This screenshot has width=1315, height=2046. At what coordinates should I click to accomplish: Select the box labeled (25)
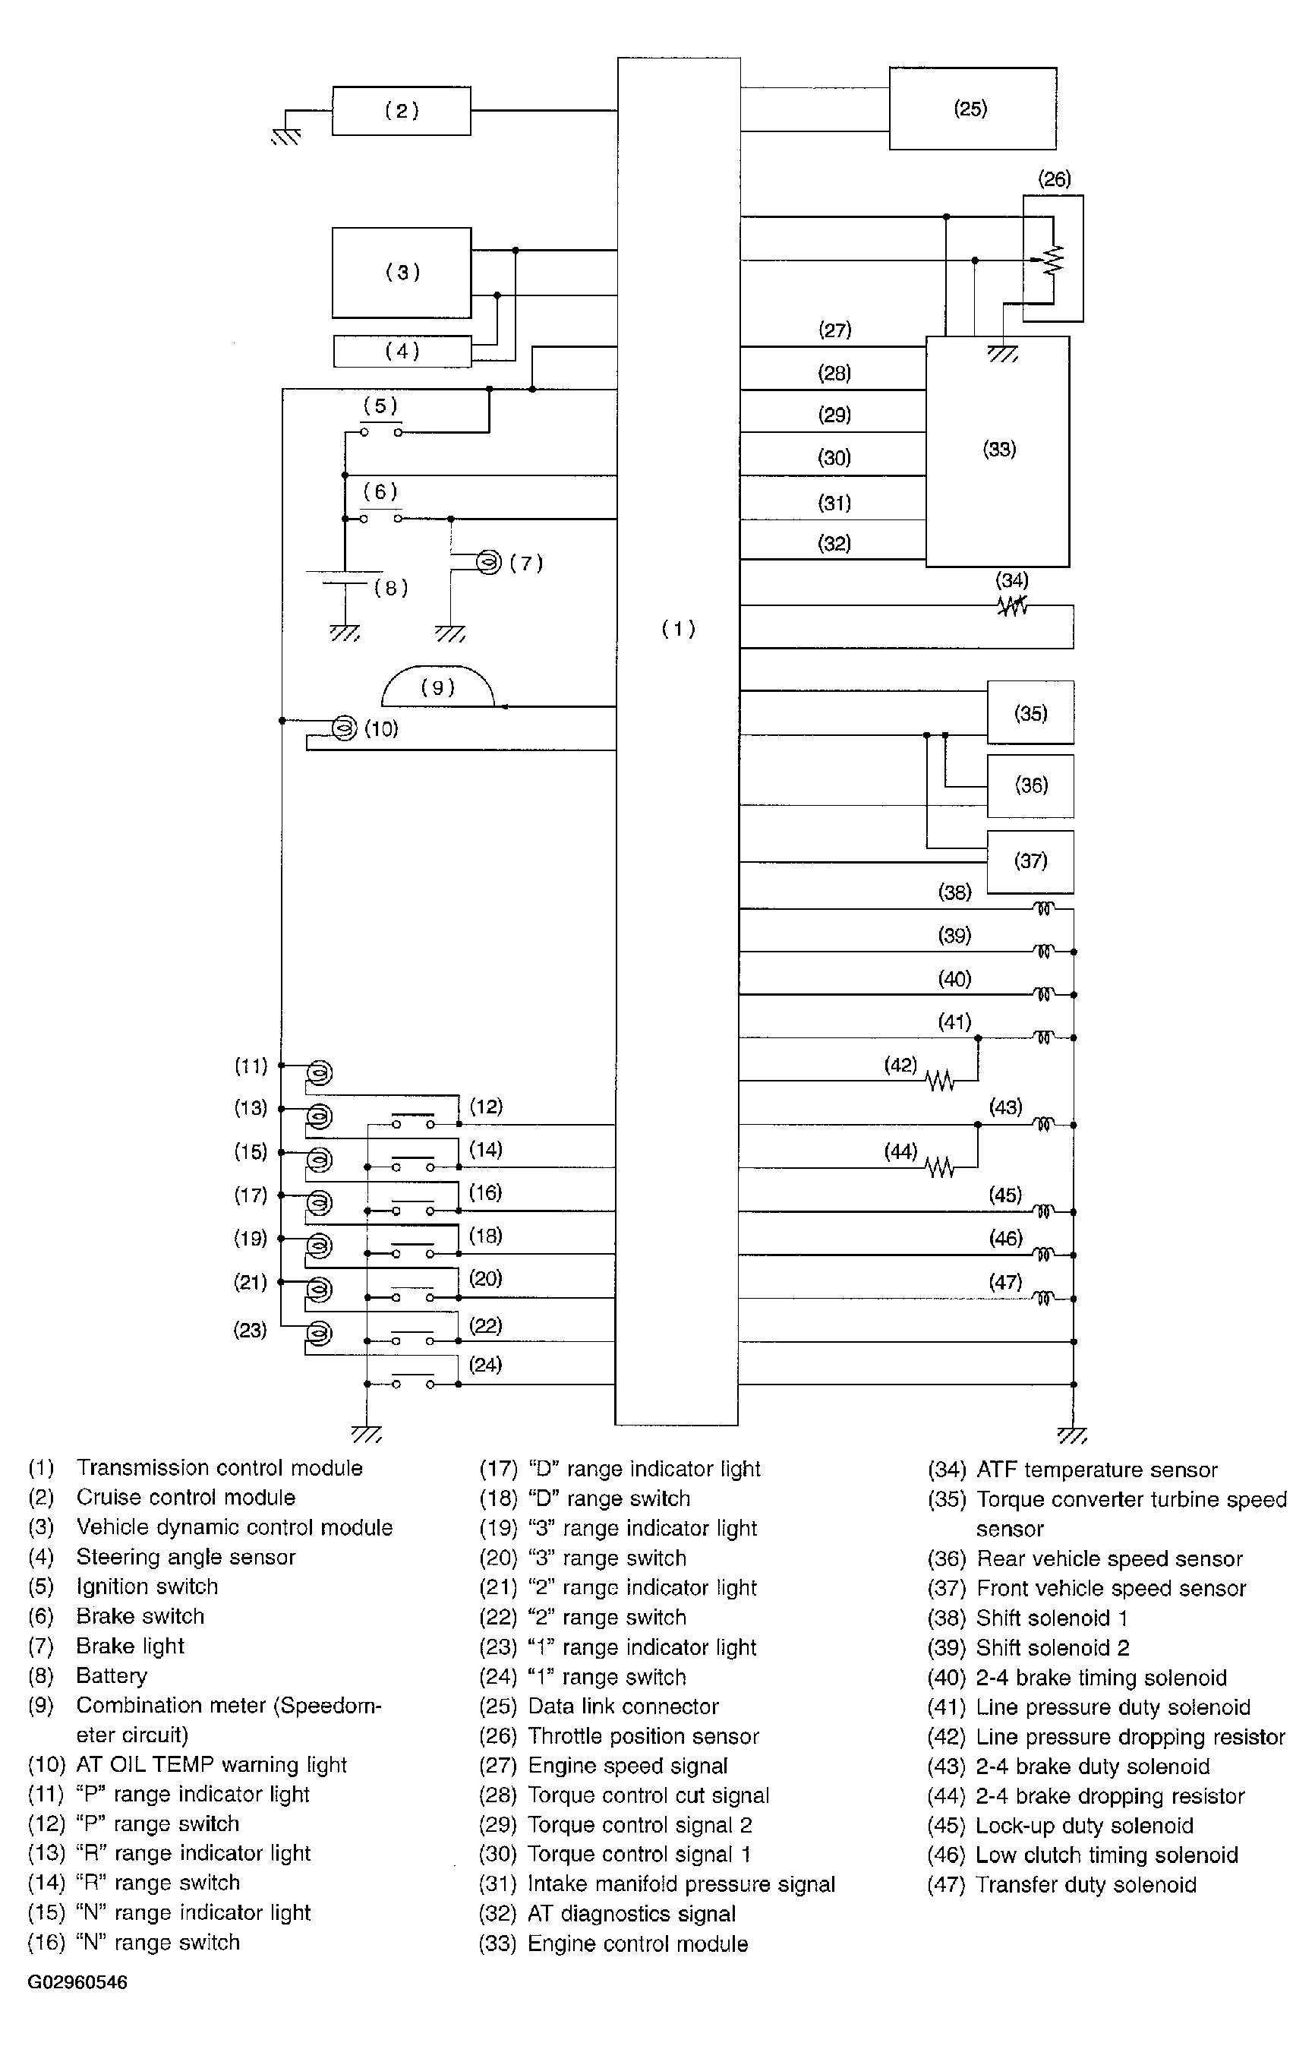(x=972, y=109)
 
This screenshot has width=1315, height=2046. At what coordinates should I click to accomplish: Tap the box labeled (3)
(x=402, y=273)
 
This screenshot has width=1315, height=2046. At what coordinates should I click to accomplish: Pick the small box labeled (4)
(x=402, y=351)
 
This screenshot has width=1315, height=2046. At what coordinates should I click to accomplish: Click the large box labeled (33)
(x=998, y=450)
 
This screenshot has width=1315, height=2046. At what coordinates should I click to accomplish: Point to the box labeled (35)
(x=1030, y=713)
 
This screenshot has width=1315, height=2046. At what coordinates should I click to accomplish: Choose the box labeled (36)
(x=1030, y=785)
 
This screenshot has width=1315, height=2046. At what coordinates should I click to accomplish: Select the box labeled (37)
(x=1030, y=860)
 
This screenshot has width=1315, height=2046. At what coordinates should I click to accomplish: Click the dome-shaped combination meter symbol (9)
(x=437, y=687)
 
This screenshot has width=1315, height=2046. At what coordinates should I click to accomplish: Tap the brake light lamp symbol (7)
(x=487, y=562)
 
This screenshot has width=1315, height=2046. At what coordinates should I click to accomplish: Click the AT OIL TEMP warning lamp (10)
(x=344, y=728)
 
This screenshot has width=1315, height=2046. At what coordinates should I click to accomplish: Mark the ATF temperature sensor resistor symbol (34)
(x=1012, y=606)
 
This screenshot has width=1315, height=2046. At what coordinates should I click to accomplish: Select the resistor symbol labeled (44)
(x=940, y=1167)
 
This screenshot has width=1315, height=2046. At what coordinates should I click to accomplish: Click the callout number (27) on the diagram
(x=834, y=330)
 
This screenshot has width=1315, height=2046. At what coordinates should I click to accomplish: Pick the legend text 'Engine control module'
(x=637, y=1943)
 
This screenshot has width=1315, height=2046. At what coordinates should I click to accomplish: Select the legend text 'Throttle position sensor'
(x=643, y=1736)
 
